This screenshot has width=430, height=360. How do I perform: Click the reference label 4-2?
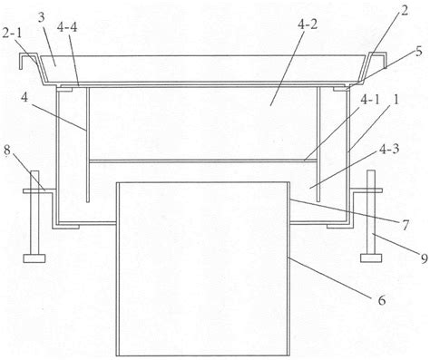[x=308, y=24]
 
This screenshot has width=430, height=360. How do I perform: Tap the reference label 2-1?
[x=12, y=34]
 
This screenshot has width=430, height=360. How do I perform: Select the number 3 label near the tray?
[x=41, y=18]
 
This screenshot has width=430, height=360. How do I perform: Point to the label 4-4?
[x=67, y=27]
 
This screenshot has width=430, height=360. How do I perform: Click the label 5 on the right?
[x=418, y=52]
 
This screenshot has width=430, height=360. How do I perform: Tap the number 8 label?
[x=8, y=151]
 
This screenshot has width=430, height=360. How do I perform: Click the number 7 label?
[x=406, y=225]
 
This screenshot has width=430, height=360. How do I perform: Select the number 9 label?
[x=425, y=258]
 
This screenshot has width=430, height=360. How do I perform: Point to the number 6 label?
[x=382, y=300]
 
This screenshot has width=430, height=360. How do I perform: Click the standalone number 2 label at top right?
[x=405, y=11]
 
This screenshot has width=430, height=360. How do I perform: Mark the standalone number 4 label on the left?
[x=25, y=98]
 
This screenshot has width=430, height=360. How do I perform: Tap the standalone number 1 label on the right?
[x=396, y=101]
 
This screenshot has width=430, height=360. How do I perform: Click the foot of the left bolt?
[x=34, y=258]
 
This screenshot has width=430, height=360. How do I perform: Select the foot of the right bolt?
[x=371, y=258]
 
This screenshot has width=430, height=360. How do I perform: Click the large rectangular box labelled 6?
[x=203, y=268]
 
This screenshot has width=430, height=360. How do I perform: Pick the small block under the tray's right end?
[x=340, y=90]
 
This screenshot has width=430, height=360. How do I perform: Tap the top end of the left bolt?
[x=34, y=171]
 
